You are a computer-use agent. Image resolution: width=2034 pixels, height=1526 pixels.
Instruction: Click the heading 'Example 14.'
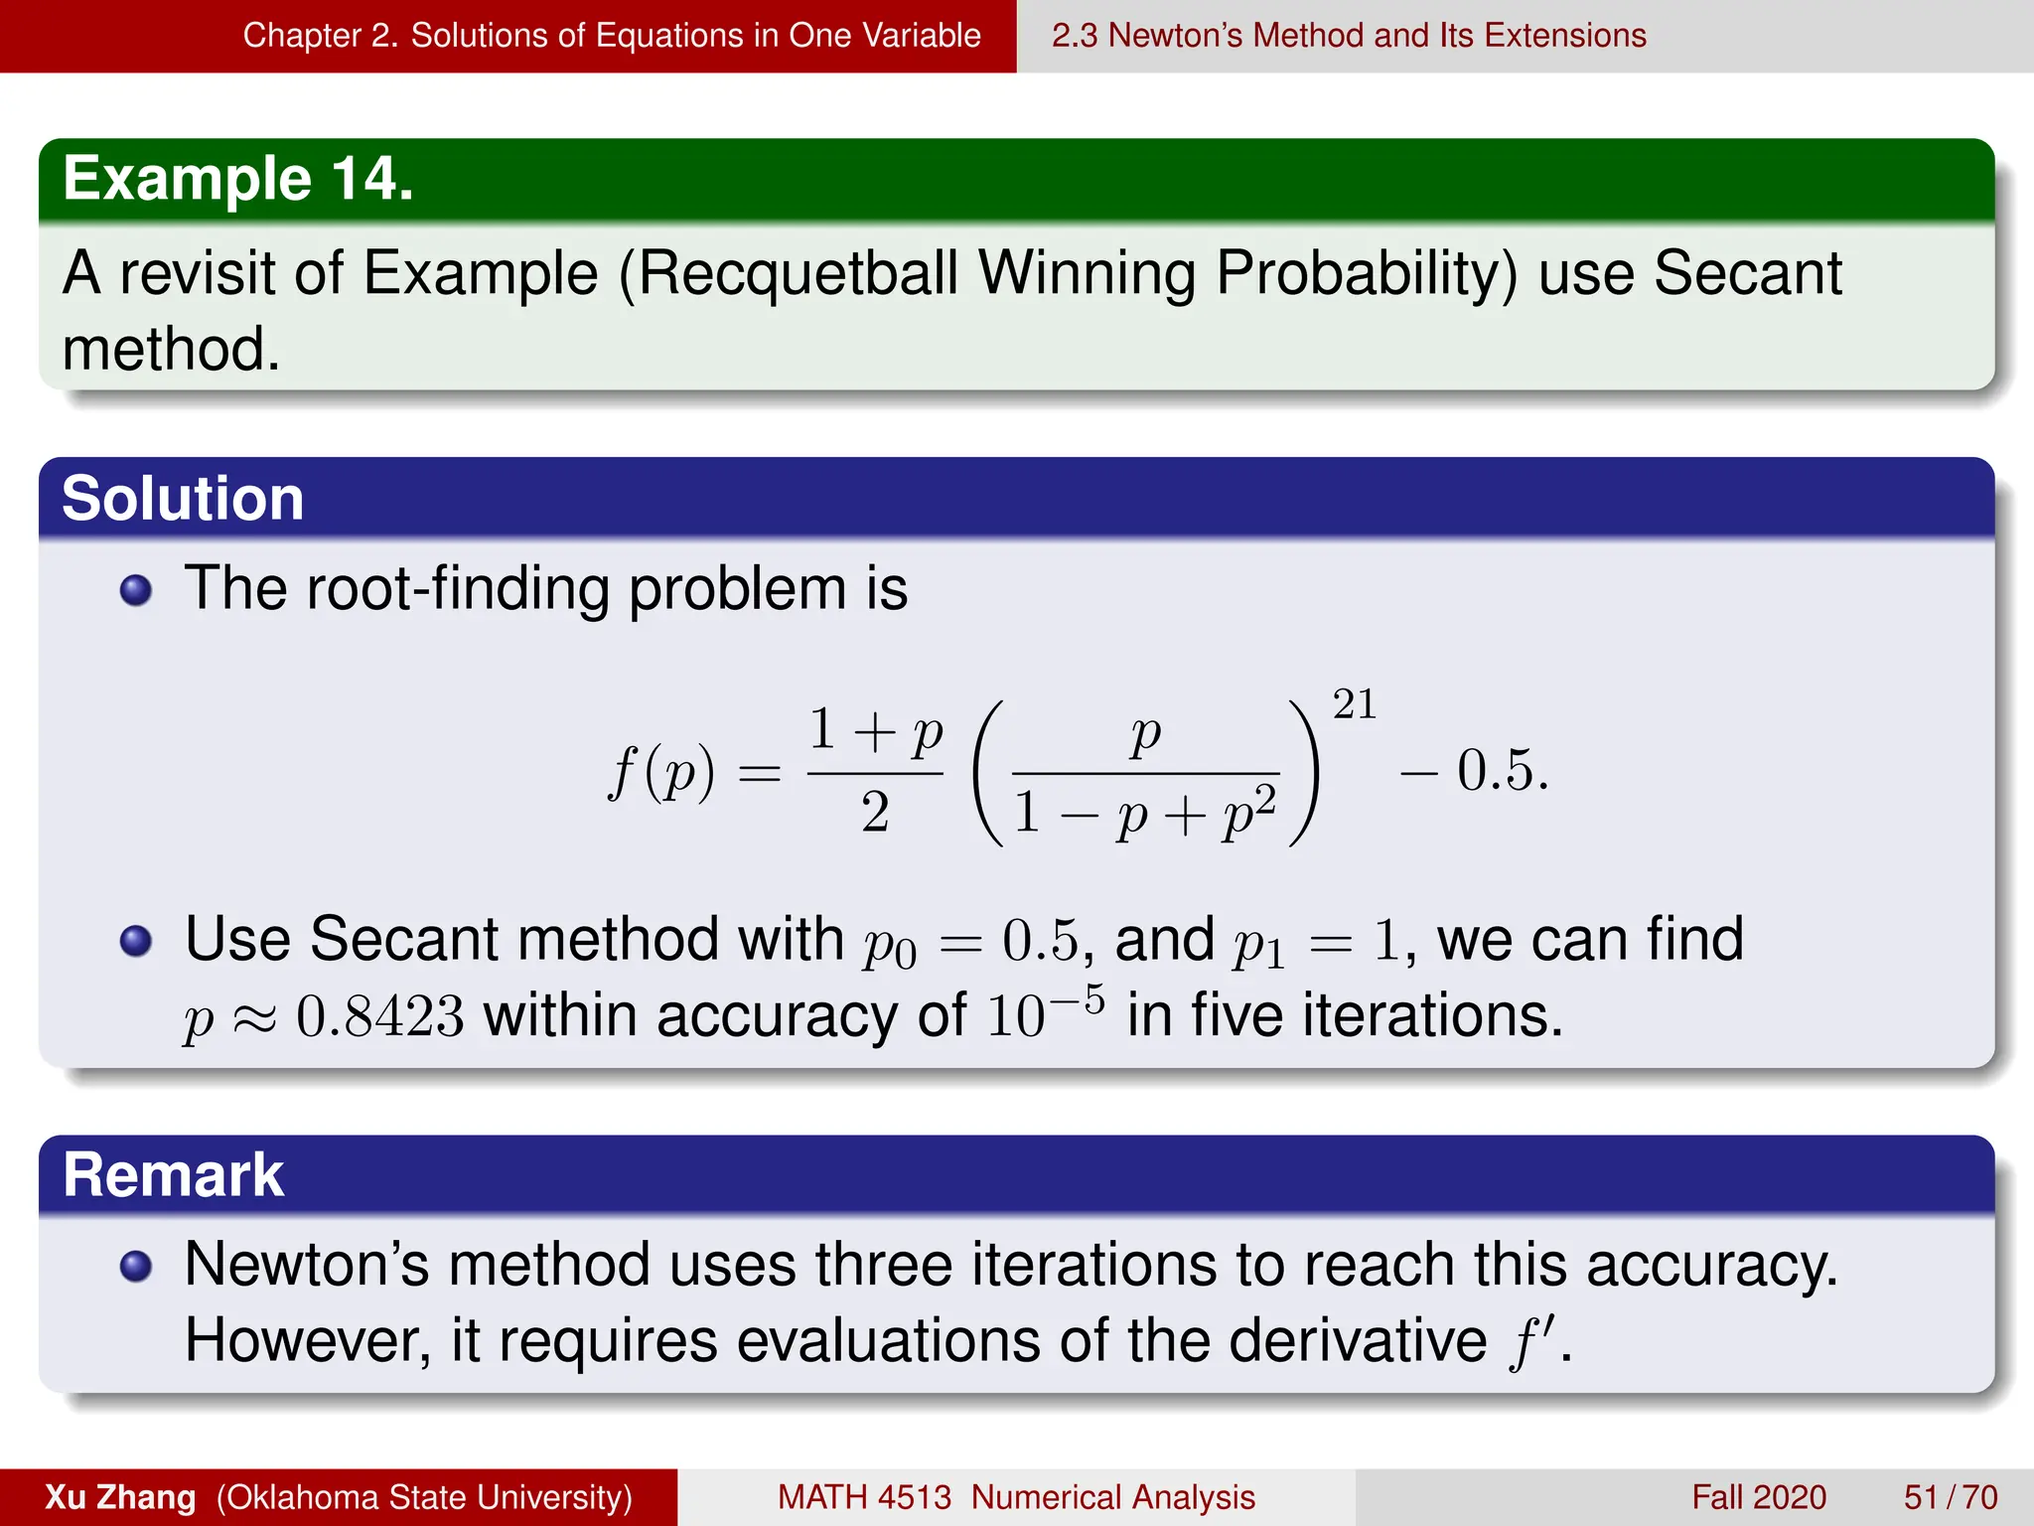[x=238, y=180]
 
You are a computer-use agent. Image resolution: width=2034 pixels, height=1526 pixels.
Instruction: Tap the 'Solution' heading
[x=183, y=499]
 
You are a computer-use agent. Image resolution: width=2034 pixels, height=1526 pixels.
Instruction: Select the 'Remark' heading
[x=174, y=1175]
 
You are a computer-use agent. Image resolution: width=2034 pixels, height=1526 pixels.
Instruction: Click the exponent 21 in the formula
[x=1354, y=704]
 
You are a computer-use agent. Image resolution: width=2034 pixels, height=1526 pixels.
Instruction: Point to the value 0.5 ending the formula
[x=1502, y=771]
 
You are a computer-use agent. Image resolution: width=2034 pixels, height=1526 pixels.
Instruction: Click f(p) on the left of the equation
[x=661, y=772]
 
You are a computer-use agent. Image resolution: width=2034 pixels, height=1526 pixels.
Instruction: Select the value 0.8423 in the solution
[x=380, y=1017]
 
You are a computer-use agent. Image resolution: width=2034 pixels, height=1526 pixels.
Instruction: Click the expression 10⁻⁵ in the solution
[x=1045, y=1013]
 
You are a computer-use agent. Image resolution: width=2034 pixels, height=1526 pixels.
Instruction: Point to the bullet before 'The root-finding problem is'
[x=136, y=591]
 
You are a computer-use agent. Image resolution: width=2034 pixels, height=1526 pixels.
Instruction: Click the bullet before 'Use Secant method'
[x=136, y=941]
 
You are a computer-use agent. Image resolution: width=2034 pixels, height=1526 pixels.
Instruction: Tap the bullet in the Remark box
[x=136, y=1267]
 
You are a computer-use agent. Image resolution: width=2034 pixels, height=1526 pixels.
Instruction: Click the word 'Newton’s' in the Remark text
[x=307, y=1265]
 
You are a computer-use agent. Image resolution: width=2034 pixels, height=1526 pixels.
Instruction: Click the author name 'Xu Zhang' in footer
[x=120, y=1497]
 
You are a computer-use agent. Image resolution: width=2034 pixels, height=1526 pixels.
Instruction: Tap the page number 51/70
[x=1950, y=1497]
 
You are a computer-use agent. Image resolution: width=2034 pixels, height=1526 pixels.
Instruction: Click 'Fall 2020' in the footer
[x=1759, y=1497]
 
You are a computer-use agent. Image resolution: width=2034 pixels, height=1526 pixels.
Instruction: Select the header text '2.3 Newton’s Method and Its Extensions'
[x=1349, y=36]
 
